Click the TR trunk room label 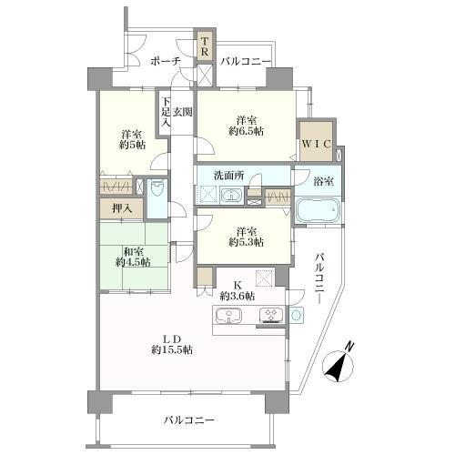click(205, 46)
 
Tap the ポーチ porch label click(166, 62)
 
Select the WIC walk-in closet click(316, 141)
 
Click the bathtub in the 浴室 click(318, 210)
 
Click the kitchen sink click(228, 316)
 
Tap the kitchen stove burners click(271, 315)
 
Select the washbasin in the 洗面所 click(232, 195)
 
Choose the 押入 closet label click(122, 208)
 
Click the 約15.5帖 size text click(172, 350)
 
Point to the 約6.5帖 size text click(246, 131)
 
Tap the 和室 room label click(133, 251)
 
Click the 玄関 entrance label click(183, 112)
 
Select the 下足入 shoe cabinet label click(166, 112)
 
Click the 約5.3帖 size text click(246, 242)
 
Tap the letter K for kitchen click(238, 285)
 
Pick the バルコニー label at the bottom click(189, 420)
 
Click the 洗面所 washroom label click(229, 176)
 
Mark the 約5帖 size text click(132, 145)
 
